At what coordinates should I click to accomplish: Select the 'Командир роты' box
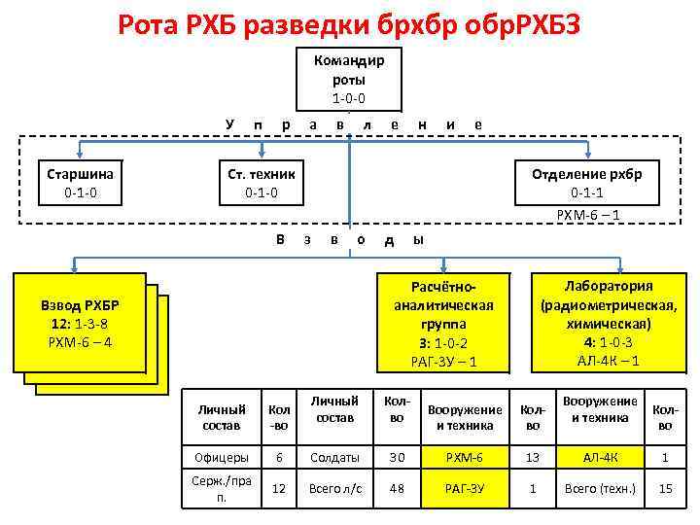point(349,79)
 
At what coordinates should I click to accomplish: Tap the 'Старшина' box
point(81,183)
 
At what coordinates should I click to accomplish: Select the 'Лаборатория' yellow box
point(609,322)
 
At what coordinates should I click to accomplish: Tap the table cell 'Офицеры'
point(222,456)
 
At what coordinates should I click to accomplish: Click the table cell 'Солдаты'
point(334,456)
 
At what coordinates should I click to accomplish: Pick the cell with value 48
point(397,489)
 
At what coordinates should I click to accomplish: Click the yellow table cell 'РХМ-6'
point(465,456)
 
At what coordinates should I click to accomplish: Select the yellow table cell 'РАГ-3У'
point(465,489)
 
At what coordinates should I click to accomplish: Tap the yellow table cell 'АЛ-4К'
point(600,456)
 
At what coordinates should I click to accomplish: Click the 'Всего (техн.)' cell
point(600,489)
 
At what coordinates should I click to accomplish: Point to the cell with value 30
point(397,456)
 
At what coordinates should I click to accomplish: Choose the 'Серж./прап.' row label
point(222,489)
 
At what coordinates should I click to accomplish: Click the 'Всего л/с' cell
point(334,489)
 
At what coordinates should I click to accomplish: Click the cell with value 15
point(665,489)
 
